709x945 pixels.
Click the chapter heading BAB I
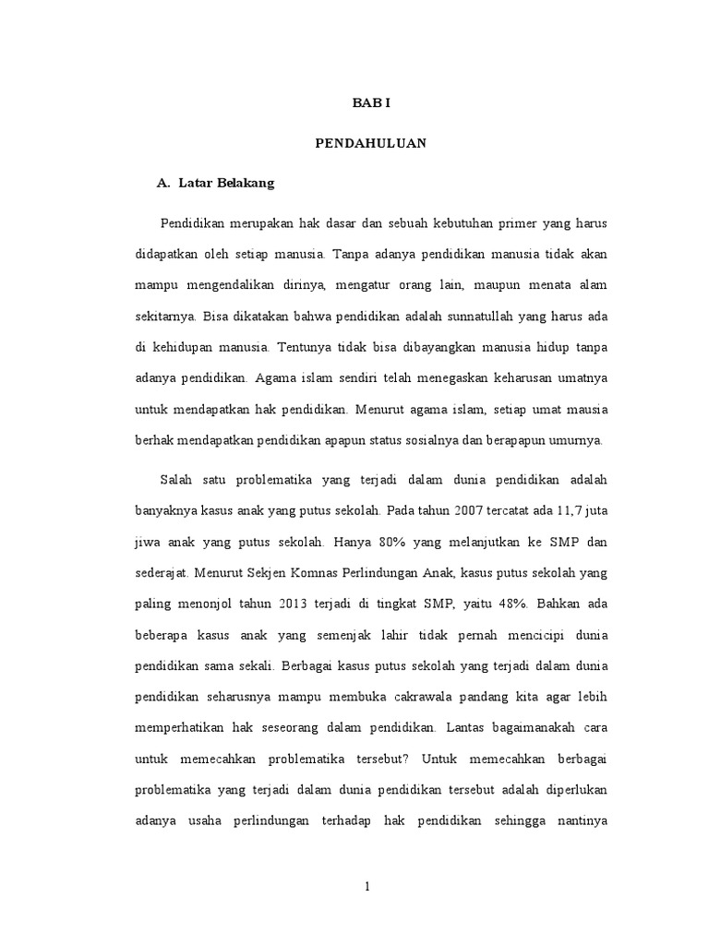click(371, 103)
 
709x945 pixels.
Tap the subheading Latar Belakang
click(226, 184)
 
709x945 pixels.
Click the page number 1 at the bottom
click(367, 888)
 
